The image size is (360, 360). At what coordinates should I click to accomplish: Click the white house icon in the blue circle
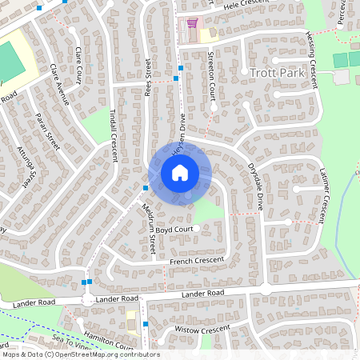[x=179, y=172]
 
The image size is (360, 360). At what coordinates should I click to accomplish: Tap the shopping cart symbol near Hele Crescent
[x=191, y=23]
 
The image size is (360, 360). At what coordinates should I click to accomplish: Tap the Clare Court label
[x=78, y=65]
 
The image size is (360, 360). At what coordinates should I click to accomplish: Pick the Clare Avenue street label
[x=59, y=84]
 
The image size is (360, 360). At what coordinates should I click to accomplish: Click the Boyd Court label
[x=175, y=230]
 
